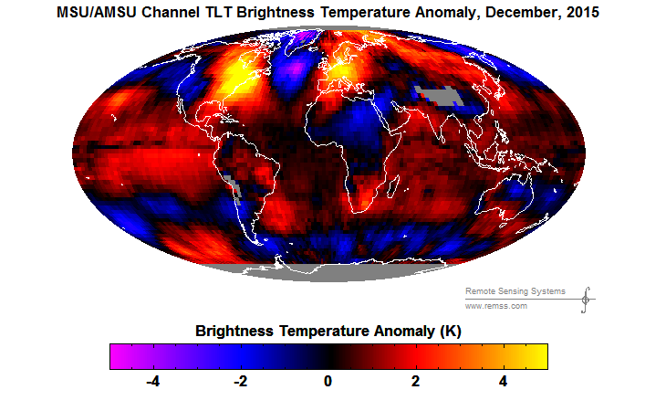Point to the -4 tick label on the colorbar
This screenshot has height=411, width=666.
tap(151, 381)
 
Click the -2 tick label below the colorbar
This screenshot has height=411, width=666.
tap(239, 381)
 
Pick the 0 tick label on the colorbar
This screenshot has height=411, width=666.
tap(328, 381)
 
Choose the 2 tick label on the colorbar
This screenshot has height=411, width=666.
tap(415, 381)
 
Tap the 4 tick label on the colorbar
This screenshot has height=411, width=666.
tap(503, 381)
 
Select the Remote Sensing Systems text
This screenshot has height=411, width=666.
tap(515, 291)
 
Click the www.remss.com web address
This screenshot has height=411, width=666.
tap(497, 306)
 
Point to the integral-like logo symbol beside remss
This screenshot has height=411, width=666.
tap(585, 299)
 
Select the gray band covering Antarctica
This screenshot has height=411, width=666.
tap(328, 270)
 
